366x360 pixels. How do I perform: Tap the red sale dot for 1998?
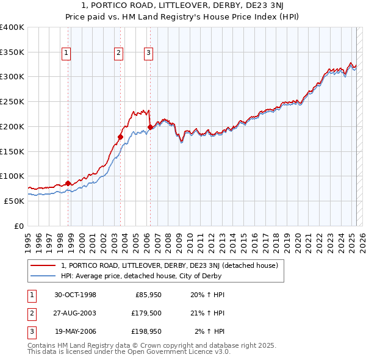click(68, 183)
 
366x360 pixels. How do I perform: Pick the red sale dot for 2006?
click(150, 127)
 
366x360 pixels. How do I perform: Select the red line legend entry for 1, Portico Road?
click(170, 265)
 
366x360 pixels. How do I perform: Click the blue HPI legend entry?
click(141, 276)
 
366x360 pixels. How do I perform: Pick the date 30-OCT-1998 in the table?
click(75, 295)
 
